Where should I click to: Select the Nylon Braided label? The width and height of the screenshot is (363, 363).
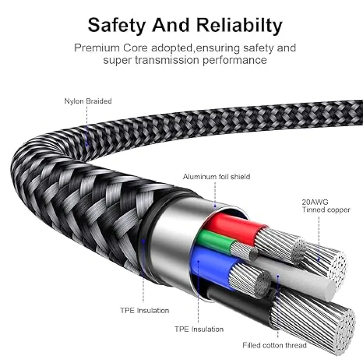pos(88,101)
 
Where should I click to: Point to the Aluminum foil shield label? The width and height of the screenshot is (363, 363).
pos(216,177)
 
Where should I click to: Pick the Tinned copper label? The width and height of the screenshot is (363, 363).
pos(326,210)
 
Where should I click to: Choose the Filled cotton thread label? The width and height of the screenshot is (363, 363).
pos(274,345)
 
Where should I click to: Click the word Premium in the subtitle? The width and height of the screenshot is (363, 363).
pos(95,48)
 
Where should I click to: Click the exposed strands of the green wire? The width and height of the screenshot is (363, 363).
pos(241,250)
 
